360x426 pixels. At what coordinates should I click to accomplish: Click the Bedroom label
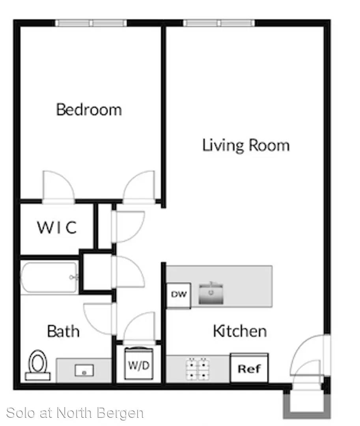89,110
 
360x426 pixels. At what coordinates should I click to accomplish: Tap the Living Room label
246,145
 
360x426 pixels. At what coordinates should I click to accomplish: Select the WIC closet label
57,228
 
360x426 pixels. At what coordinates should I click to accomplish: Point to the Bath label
63,331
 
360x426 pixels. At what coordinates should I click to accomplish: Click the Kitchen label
240,331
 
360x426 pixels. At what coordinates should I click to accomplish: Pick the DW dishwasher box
179,295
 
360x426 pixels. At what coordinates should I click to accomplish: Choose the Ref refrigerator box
249,368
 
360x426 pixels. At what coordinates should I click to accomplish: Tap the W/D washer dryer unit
139,364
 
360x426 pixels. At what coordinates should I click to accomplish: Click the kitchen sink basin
211,293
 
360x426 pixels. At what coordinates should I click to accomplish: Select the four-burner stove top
198,369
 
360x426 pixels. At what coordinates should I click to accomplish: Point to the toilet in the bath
38,365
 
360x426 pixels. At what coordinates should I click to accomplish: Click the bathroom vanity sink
84,370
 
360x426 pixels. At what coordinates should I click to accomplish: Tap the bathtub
49,277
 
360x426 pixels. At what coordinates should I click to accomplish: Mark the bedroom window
91,23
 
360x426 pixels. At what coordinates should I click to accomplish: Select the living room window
219,23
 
